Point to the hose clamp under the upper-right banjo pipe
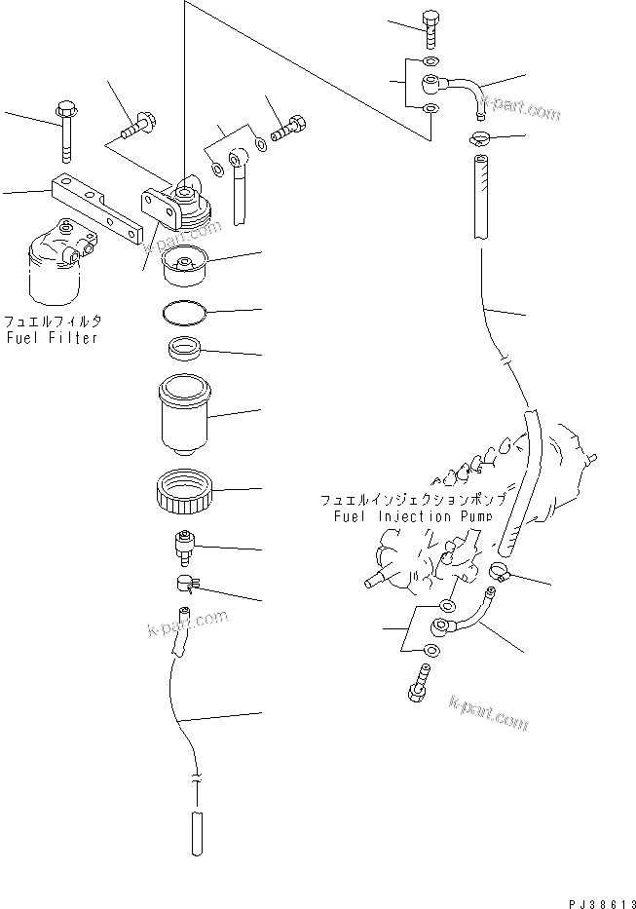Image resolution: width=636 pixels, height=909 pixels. click(x=478, y=138)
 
